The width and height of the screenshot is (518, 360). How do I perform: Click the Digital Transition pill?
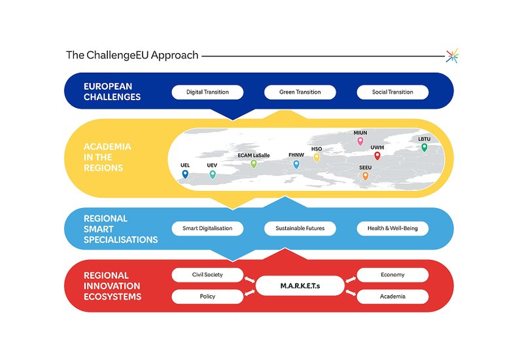(x=207, y=92)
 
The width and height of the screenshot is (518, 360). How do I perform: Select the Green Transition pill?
(x=300, y=92)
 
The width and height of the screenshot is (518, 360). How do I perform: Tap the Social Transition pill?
(x=392, y=92)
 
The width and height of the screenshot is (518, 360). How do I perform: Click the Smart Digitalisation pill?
(x=207, y=228)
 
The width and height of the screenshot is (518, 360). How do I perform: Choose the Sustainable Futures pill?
(x=300, y=228)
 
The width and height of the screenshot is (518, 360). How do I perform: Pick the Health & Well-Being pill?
(x=392, y=228)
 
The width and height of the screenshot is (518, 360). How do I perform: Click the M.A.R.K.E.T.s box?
(x=300, y=285)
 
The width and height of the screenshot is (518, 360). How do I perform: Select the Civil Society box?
(x=207, y=275)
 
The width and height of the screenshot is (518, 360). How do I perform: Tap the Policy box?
(x=207, y=297)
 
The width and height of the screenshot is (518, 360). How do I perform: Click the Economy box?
(x=392, y=275)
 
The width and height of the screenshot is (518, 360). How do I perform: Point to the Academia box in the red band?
(x=392, y=297)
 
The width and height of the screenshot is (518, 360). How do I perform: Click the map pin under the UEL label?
(x=185, y=174)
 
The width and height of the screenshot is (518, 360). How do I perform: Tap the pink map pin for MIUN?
(x=360, y=141)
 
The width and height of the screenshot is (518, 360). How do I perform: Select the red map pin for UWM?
(x=377, y=156)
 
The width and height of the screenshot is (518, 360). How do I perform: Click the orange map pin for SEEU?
(x=365, y=175)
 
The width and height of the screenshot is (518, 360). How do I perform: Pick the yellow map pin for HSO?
(x=317, y=157)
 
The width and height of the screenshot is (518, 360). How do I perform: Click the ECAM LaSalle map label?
(x=254, y=156)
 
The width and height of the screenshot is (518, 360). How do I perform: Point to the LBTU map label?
(x=424, y=139)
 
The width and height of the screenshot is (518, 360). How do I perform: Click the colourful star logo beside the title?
(x=451, y=56)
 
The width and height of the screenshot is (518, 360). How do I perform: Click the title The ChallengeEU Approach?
(x=132, y=55)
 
